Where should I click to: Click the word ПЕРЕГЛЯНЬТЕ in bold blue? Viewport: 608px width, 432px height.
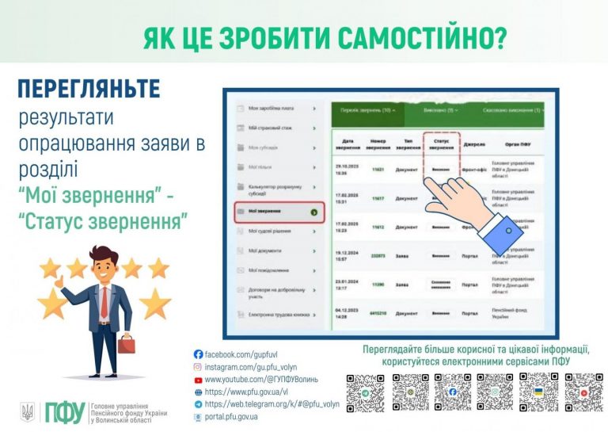point(89,90)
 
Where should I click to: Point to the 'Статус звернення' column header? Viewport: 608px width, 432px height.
point(442,145)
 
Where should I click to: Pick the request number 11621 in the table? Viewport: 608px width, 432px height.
point(378,170)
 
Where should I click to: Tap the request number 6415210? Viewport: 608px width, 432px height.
point(378,313)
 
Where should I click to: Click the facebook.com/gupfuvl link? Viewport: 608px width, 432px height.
point(242,354)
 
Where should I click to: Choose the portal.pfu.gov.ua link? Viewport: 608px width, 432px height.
point(237,416)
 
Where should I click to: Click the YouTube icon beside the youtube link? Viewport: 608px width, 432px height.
point(199,379)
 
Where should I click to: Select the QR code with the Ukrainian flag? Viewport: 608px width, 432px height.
point(538,392)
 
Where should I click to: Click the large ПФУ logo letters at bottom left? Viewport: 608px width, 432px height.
point(63,412)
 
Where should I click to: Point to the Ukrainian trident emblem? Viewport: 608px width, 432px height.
point(28,411)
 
